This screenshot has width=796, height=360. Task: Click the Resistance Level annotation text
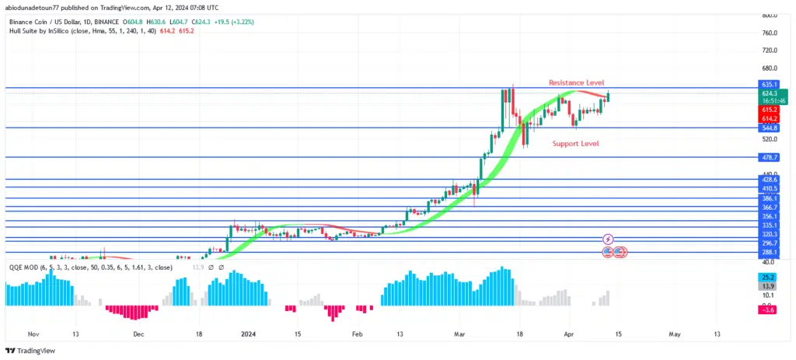576,82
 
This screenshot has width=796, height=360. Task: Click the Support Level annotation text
575,144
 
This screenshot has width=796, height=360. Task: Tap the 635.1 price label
770,83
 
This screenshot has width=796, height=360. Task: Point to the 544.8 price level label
770,128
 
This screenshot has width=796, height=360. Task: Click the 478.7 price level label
770,157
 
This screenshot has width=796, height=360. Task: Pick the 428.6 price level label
770,180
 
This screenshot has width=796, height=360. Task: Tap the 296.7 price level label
770,242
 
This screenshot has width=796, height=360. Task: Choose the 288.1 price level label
770,252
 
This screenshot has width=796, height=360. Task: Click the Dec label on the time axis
138,334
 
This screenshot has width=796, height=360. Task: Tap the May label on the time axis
674,334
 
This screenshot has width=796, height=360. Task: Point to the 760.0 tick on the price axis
770,33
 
